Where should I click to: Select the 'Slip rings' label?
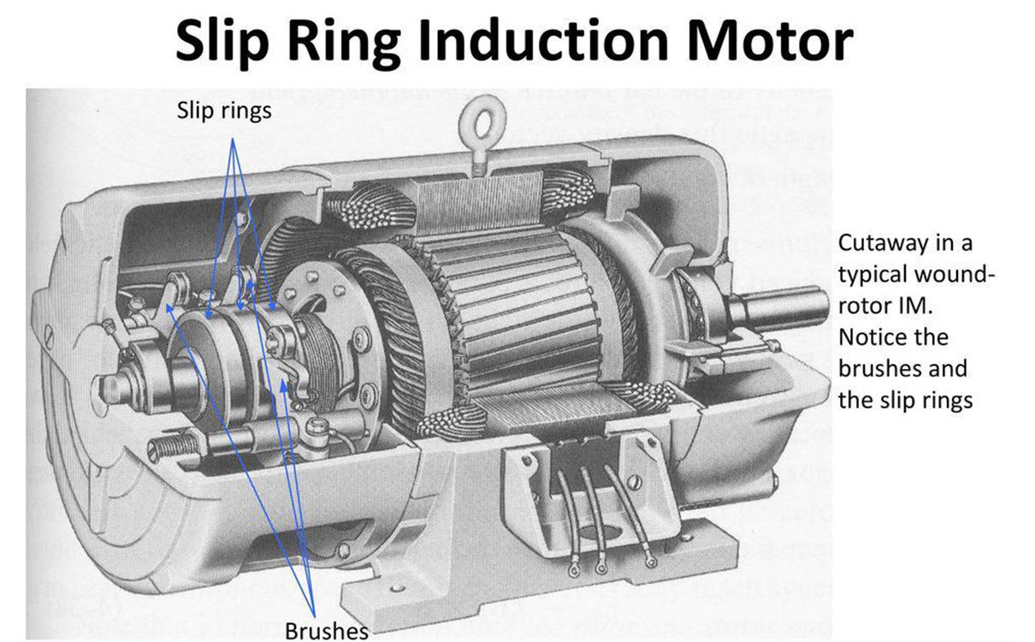point(224,110)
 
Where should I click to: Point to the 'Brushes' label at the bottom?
point(326,630)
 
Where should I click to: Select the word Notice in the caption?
point(870,337)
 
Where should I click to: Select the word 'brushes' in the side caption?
point(902,369)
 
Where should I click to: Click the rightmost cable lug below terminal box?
point(651,562)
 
